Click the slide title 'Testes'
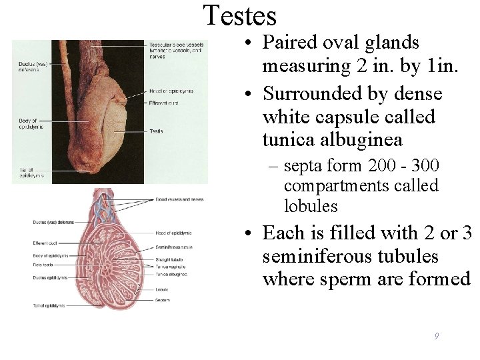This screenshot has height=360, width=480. click(x=239, y=16)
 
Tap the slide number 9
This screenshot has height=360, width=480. click(x=436, y=337)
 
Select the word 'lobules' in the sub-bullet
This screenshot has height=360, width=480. click(x=311, y=206)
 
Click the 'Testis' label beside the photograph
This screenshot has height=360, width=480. click(x=156, y=131)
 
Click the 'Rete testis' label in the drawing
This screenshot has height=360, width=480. click(x=43, y=265)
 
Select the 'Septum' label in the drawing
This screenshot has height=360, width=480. click(x=160, y=300)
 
